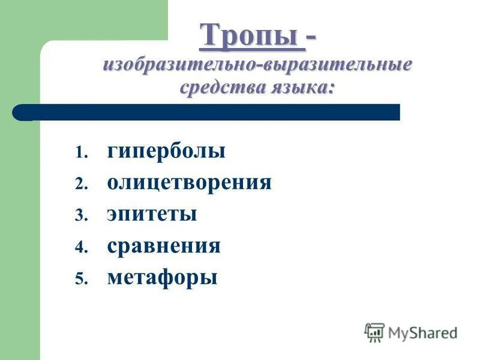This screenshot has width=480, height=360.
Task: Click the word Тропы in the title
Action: point(251,35)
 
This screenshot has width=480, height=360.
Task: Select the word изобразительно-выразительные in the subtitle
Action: point(257,64)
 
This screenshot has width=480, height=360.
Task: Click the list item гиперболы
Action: point(166,151)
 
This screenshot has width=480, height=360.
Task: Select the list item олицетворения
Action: point(189,182)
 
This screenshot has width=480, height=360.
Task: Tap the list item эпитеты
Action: point(152,214)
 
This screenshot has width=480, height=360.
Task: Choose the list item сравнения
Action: point(164,246)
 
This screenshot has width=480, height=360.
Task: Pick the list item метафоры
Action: point(162,278)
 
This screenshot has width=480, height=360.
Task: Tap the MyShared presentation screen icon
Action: point(374,332)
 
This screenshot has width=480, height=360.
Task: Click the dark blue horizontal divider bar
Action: point(210,112)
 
